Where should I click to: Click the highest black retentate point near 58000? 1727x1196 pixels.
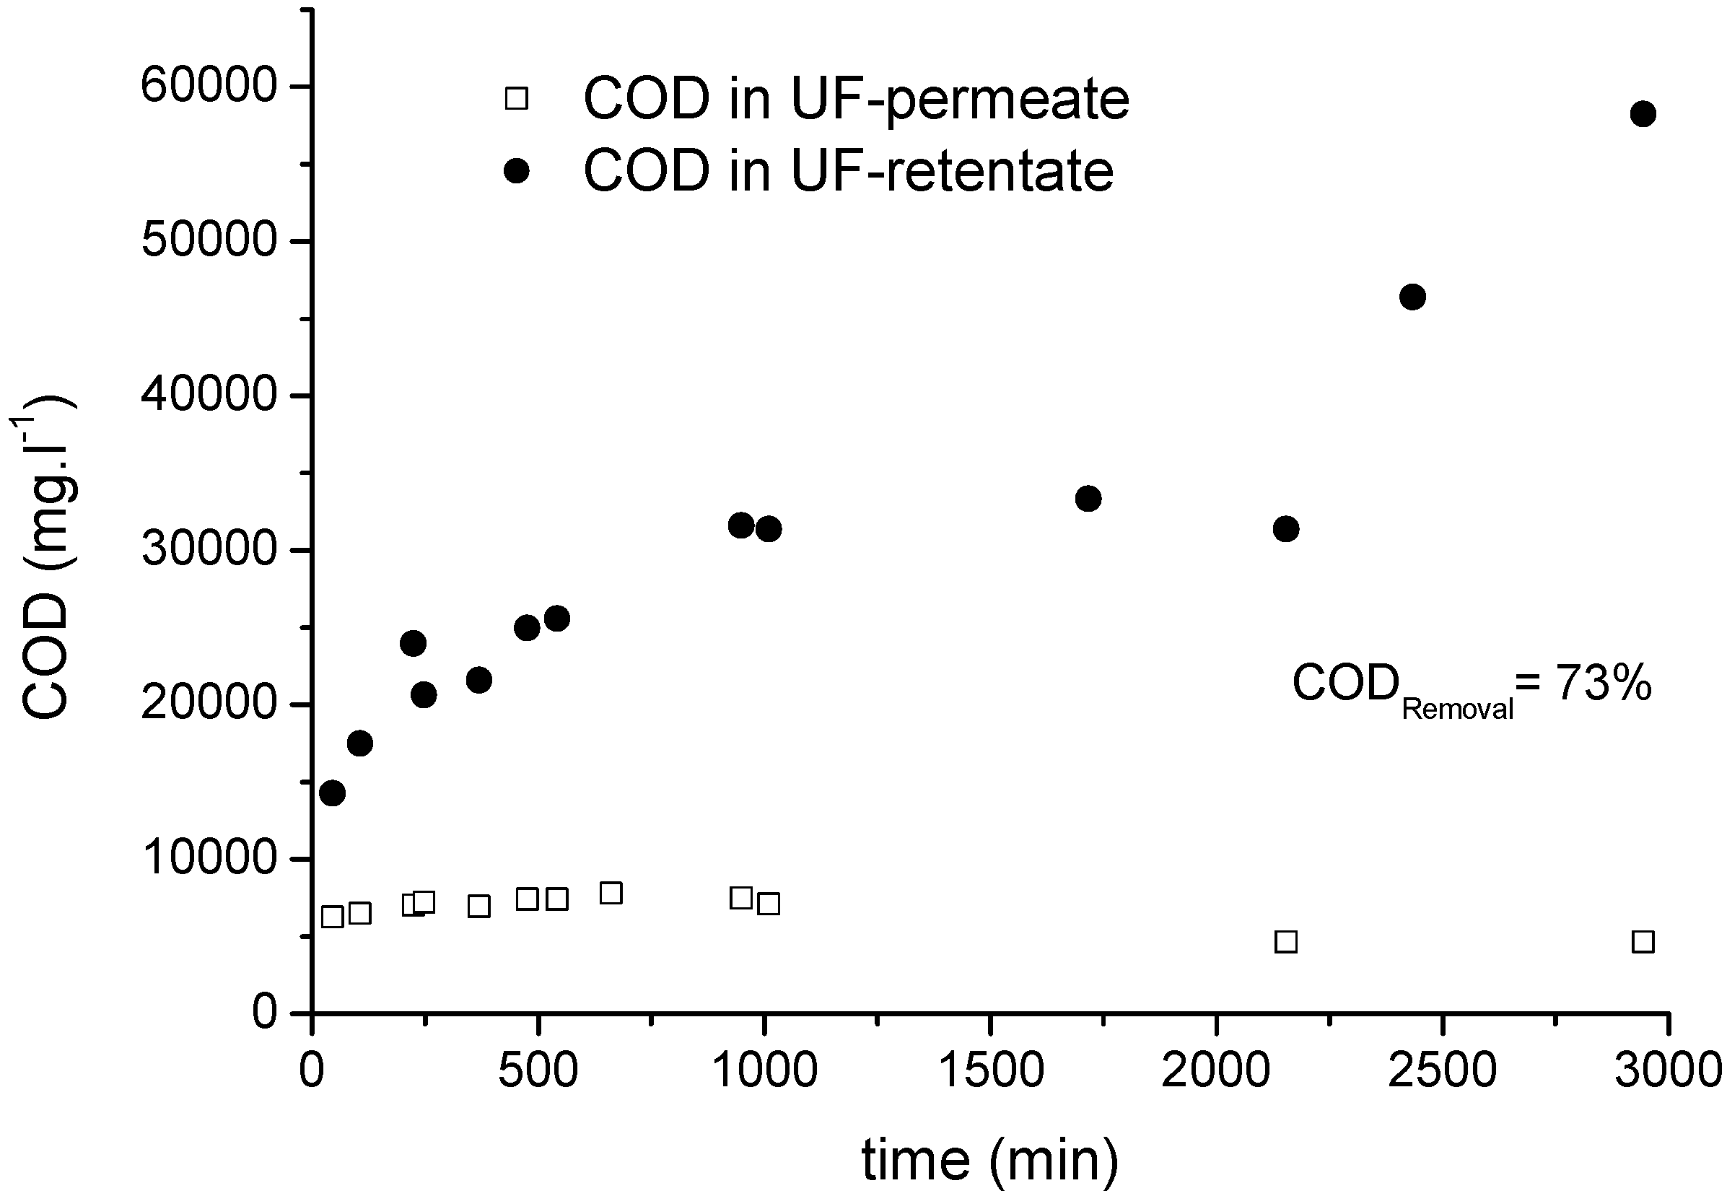tap(1643, 114)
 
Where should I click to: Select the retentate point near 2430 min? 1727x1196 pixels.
tap(1412, 297)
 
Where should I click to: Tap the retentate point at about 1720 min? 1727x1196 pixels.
tap(1088, 498)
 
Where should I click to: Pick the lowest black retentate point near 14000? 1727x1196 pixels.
tap(332, 793)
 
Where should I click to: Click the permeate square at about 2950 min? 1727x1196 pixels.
tap(1643, 942)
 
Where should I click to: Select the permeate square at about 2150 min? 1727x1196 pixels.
tap(1286, 942)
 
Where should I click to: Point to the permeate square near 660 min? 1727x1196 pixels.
tap(611, 894)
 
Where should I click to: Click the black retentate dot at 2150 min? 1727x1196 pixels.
tap(1286, 529)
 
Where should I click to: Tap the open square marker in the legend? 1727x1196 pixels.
tap(516, 98)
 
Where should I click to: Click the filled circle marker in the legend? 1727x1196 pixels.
tap(516, 172)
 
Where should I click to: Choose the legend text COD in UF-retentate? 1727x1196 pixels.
tap(848, 172)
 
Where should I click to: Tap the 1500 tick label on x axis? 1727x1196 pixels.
tap(990, 1070)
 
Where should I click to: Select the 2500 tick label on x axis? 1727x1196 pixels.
tap(1442, 1070)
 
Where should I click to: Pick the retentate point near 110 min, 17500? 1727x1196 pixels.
tap(359, 743)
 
